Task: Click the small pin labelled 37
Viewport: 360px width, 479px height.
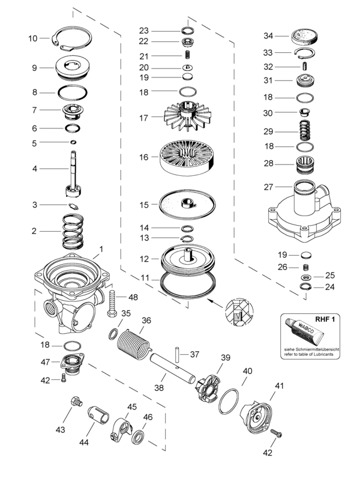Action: [178, 354]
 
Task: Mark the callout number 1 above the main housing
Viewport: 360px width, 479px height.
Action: [101, 248]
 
